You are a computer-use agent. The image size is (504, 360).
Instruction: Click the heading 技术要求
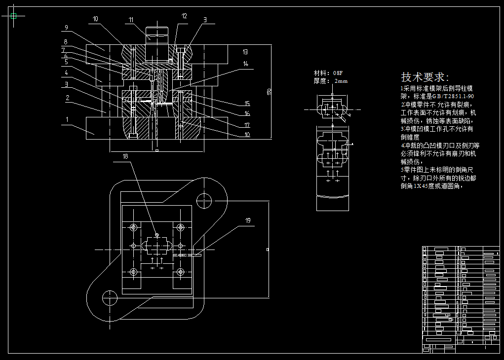coord(425,77)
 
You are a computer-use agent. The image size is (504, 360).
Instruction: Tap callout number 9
coord(66,28)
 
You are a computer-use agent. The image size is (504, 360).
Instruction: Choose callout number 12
coord(184,16)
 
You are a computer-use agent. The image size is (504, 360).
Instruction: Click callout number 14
coord(246,64)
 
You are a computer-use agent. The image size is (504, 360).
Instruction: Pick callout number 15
coord(247,104)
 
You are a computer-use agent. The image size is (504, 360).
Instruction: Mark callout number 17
coord(247,125)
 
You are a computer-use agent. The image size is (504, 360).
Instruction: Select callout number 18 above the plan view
coord(125,156)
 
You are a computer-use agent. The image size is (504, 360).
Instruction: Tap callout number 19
coord(247,220)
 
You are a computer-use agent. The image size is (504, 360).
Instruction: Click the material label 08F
coord(338,73)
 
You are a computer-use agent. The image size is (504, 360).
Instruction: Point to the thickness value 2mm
coord(341,81)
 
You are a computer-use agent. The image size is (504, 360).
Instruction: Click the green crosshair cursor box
coord(13,16)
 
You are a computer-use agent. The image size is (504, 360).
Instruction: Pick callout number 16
coord(247,114)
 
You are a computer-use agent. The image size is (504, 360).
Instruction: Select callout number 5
coord(66,62)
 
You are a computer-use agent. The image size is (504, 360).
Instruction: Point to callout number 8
coord(65,42)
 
